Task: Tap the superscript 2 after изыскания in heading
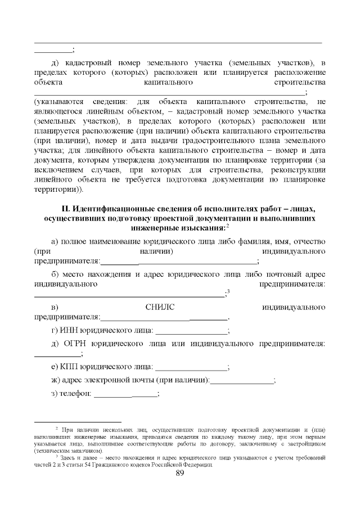(227, 226)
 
